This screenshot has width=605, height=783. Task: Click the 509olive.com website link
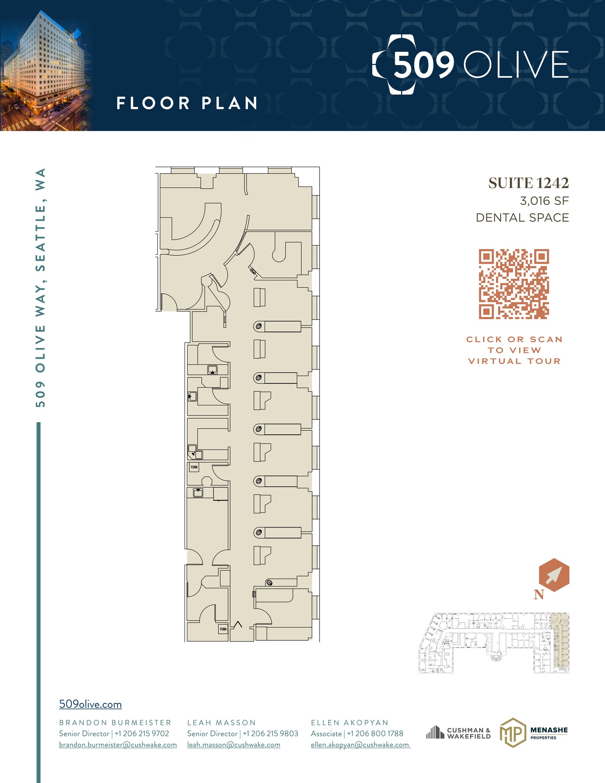click(x=90, y=704)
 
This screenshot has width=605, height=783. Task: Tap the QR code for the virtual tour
click(x=514, y=284)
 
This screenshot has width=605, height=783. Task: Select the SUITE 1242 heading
click(x=528, y=183)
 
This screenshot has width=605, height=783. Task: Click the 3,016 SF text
click(x=544, y=201)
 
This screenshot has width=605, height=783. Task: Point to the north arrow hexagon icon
click(x=554, y=575)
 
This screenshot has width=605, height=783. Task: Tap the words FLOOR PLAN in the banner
click(x=187, y=103)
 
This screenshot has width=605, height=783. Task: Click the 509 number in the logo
click(x=423, y=65)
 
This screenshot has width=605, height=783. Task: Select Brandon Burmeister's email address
click(x=118, y=745)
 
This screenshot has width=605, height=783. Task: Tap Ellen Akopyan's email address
click(x=360, y=745)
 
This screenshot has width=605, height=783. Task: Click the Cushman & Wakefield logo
click(x=458, y=733)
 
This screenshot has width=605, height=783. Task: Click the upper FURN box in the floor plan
click(x=194, y=467)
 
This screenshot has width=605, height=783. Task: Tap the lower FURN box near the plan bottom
click(x=223, y=629)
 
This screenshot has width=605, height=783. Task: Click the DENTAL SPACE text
click(x=522, y=218)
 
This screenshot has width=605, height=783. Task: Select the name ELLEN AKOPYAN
click(x=349, y=723)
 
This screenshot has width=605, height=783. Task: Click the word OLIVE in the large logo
click(x=516, y=65)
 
